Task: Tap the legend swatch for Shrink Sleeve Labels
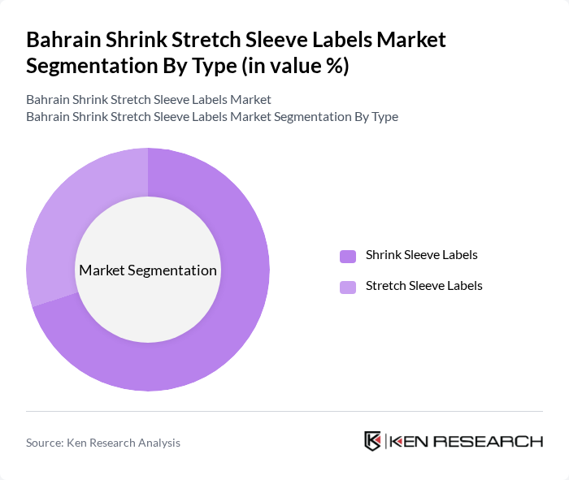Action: tap(348, 256)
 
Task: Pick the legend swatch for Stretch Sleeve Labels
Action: tap(348, 287)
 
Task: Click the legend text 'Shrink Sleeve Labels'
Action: tap(421, 255)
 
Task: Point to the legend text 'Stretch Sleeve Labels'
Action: tap(423, 286)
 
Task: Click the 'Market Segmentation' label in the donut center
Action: tap(148, 270)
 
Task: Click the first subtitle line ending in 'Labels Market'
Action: tap(149, 100)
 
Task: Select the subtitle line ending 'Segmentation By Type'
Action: tap(212, 116)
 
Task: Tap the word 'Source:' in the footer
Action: tap(46, 443)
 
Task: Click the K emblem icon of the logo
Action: tap(373, 441)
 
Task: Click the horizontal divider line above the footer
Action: tap(284, 411)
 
